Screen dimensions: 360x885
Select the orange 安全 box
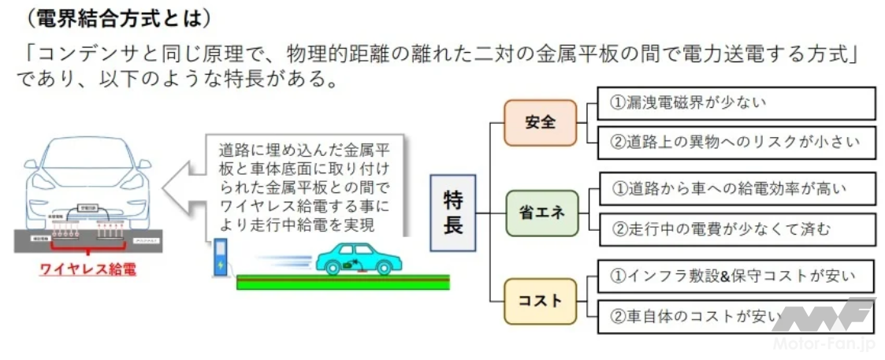pyautogui.click(x=540, y=122)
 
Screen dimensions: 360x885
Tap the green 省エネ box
pyautogui.click(x=541, y=213)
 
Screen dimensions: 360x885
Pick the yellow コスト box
pyautogui.click(x=541, y=301)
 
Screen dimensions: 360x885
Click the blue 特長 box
pyautogui.click(x=453, y=213)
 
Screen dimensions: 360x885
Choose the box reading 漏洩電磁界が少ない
pyautogui.click(x=736, y=102)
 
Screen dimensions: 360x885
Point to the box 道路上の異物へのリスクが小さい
pyautogui.click(x=736, y=143)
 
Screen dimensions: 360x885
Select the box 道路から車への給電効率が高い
pyautogui.click(x=736, y=189)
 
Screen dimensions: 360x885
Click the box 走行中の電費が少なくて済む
pyautogui.click(x=736, y=230)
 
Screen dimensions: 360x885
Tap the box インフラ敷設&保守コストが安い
pyautogui.click(x=736, y=276)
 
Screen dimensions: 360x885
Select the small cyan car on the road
pyautogui.click(x=353, y=256)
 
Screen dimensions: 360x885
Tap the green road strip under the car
pyautogui.click(x=343, y=281)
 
